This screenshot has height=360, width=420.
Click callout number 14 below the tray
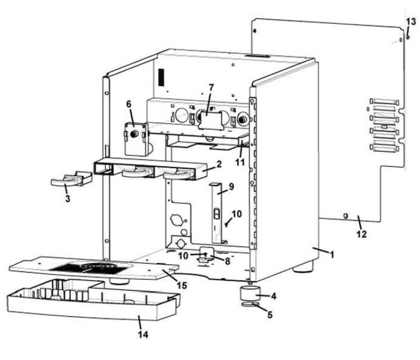coord(145,335)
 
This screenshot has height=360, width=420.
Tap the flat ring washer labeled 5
coord(249,307)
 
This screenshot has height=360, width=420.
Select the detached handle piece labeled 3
coord(68,181)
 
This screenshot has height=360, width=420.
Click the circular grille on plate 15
coord(91,267)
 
